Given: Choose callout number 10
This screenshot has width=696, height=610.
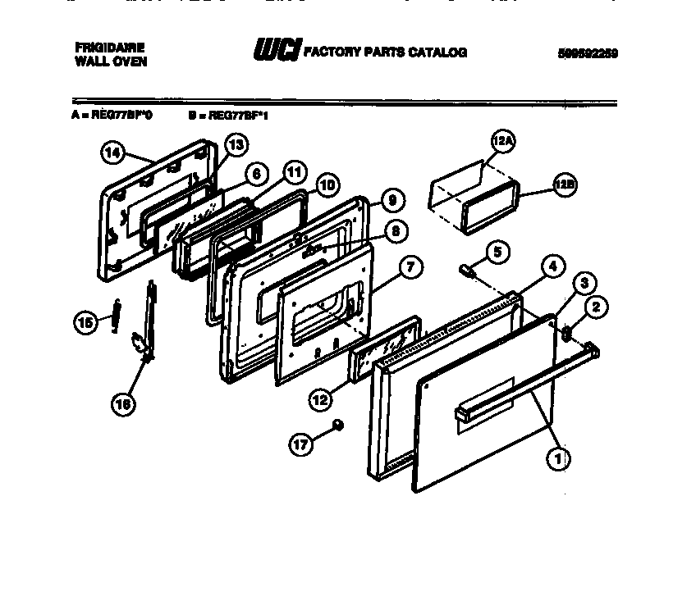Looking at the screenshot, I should (x=327, y=185).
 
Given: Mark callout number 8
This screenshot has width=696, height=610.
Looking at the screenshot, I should (x=395, y=232).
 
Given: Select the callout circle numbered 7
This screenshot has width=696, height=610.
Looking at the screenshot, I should (x=411, y=266).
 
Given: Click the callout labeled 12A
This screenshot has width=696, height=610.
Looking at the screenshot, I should (x=502, y=141).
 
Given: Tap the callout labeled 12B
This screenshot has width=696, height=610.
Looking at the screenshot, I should (x=564, y=186).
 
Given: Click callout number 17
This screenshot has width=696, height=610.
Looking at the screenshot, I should (x=301, y=444).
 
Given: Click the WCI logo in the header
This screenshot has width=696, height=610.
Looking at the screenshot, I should (x=277, y=51).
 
